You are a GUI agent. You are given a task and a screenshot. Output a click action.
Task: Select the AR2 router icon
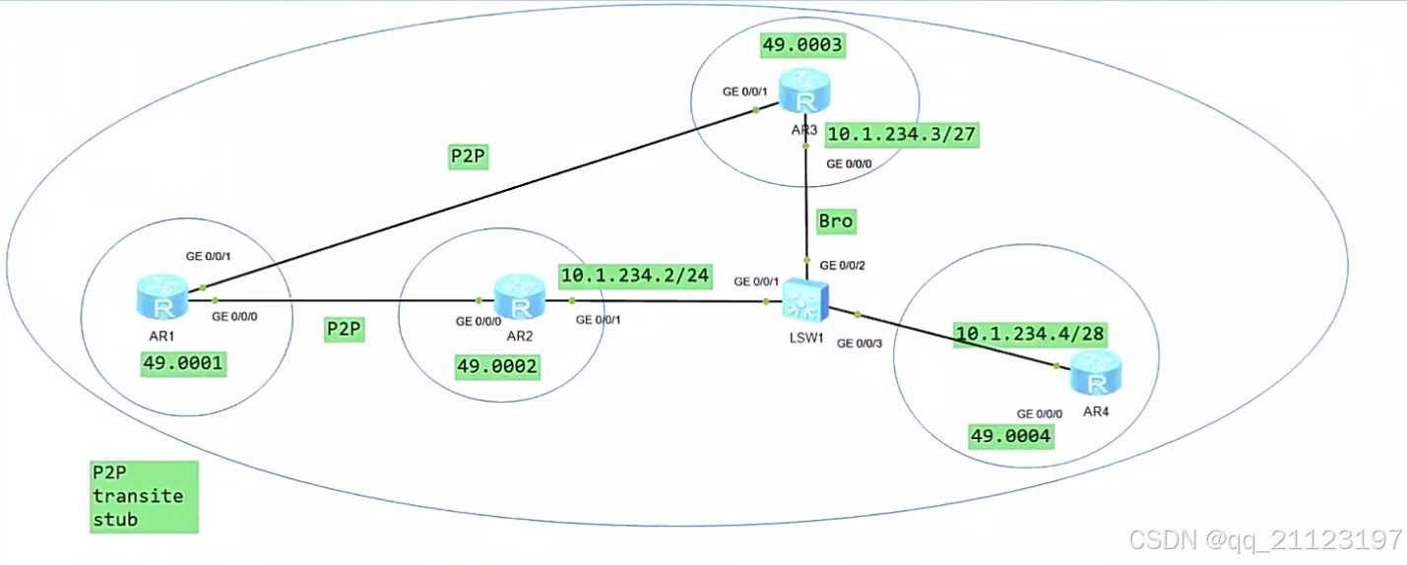click(x=519, y=297)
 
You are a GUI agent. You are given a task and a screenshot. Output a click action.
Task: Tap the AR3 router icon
click(x=805, y=94)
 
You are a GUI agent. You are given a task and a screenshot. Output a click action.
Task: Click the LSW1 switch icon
click(x=806, y=297)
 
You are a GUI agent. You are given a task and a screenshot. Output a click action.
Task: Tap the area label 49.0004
click(x=1011, y=436)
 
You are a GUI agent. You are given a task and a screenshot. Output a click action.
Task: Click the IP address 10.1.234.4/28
click(x=1030, y=334)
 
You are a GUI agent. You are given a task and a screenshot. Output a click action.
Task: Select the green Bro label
click(x=835, y=220)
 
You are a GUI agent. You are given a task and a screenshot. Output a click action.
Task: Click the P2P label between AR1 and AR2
click(x=345, y=329)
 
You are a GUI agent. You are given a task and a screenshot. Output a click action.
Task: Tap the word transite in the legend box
click(x=137, y=495)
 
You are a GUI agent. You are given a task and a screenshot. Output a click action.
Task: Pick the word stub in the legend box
click(x=115, y=518)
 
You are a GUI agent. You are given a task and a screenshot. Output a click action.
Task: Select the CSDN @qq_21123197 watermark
click(x=1265, y=539)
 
